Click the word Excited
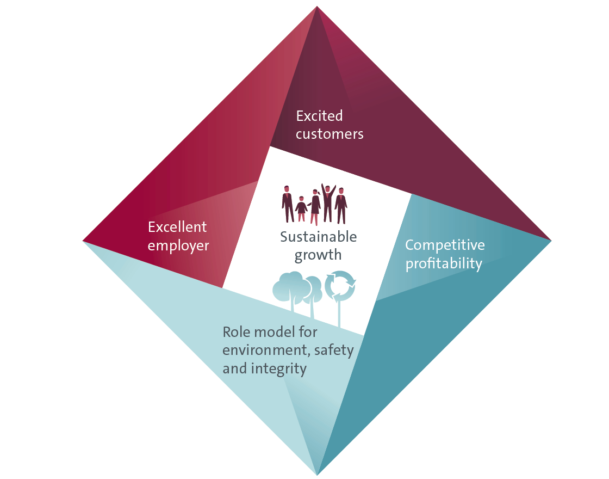point(319,116)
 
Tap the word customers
point(330,134)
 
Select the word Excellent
point(177,226)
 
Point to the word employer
point(178,246)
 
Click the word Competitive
point(445,245)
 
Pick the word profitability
point(444,263)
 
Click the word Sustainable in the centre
point(319,237)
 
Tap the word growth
point(318,255)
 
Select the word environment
point(266,351)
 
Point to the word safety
point(334,351)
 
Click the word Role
point(233,332)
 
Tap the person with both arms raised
point(328,203)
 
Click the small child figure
point(301,209)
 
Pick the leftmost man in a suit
point(288,204)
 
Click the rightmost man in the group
point(341,206)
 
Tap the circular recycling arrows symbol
point(340,286)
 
